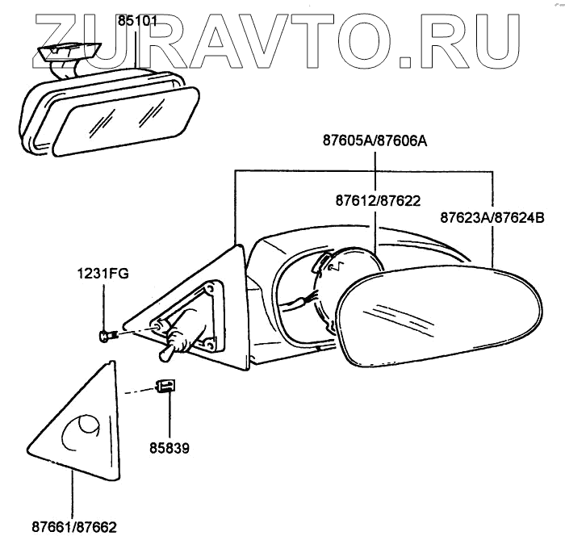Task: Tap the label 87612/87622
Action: (x=377, y=199)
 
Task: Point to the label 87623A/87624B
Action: (x=492, y=217)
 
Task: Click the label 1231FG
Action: (x=103, y=273)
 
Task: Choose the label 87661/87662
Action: (x=73, y=528)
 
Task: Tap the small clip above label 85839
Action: (x=165, y=386)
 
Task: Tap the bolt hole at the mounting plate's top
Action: (x=211, y=288)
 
